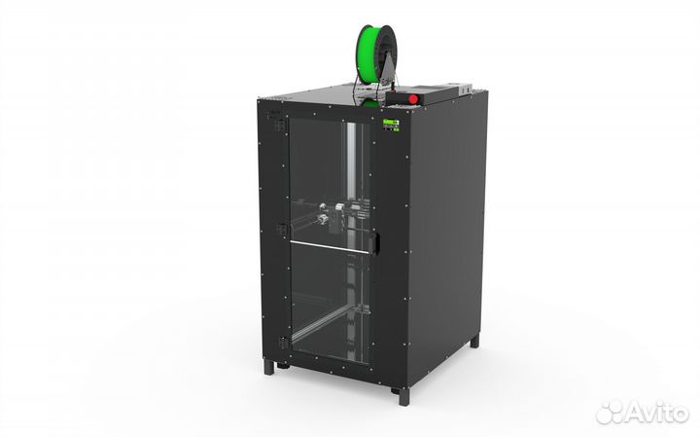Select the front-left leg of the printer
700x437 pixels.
pos(269,367)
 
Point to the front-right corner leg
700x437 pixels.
pos(404,395)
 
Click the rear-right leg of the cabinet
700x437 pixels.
pos(475,342)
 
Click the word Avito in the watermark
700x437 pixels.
pos(656,413)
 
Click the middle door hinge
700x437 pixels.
pos(282,230)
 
